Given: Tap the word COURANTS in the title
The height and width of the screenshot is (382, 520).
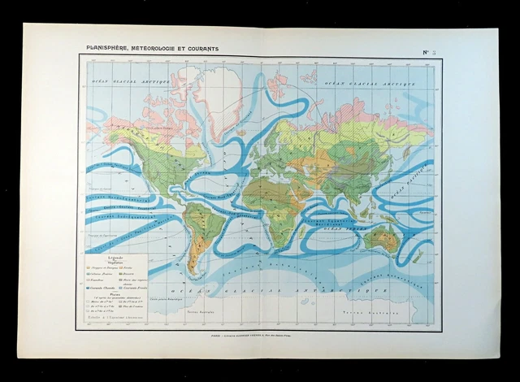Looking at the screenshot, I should (x=201, y=50).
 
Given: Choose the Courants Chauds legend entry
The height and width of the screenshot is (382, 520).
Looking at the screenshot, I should (x=102, y=289).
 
